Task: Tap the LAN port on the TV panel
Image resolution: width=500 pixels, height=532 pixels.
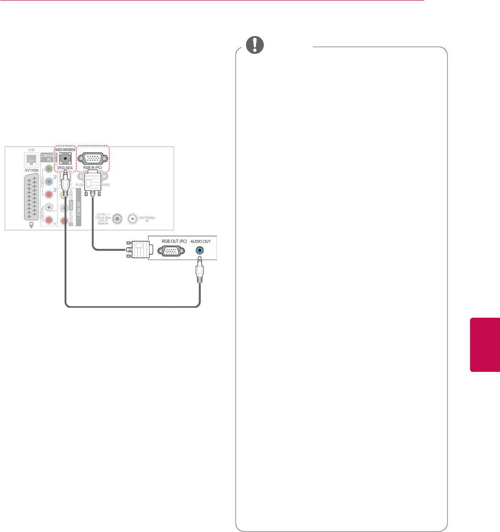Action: tap(31, 159)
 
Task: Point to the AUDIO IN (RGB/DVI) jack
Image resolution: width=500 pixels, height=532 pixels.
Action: tap(65, 158)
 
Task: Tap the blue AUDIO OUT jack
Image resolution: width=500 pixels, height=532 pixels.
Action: tap(199, 250)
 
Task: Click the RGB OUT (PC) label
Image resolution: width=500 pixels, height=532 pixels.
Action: tap(170, 241)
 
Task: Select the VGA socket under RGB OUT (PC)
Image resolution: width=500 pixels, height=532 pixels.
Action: tap(170, 251)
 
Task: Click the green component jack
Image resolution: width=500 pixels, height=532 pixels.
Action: tap(49, 170)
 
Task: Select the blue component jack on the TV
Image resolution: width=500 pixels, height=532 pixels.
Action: tap(49, 182)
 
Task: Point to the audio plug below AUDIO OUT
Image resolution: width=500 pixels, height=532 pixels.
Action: tap(199, 271)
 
